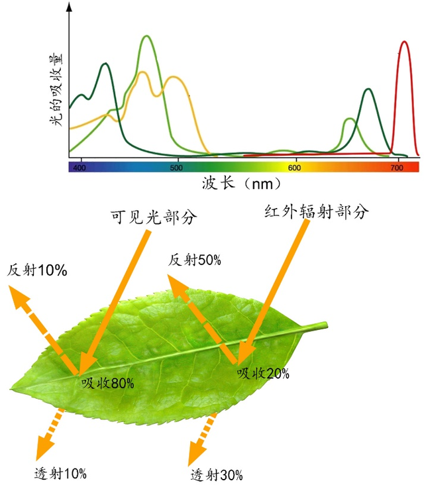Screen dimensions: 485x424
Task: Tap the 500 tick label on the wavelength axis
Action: [x=176, y=168]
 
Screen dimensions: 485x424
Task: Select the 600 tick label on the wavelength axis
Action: [x=296, y=168]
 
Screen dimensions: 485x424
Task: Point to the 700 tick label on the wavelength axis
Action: [x=397, y=168]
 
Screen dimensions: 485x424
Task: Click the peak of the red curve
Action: [x=403, y=42]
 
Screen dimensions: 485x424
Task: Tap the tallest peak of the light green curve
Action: [x=146, y=36]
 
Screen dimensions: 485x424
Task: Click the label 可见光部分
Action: [x=155, y=218]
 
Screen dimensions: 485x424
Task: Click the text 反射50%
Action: [x=193, y=260]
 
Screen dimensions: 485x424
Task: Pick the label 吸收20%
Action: [x=263, y=374]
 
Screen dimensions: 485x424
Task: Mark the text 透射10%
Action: [x=60, y=473]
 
